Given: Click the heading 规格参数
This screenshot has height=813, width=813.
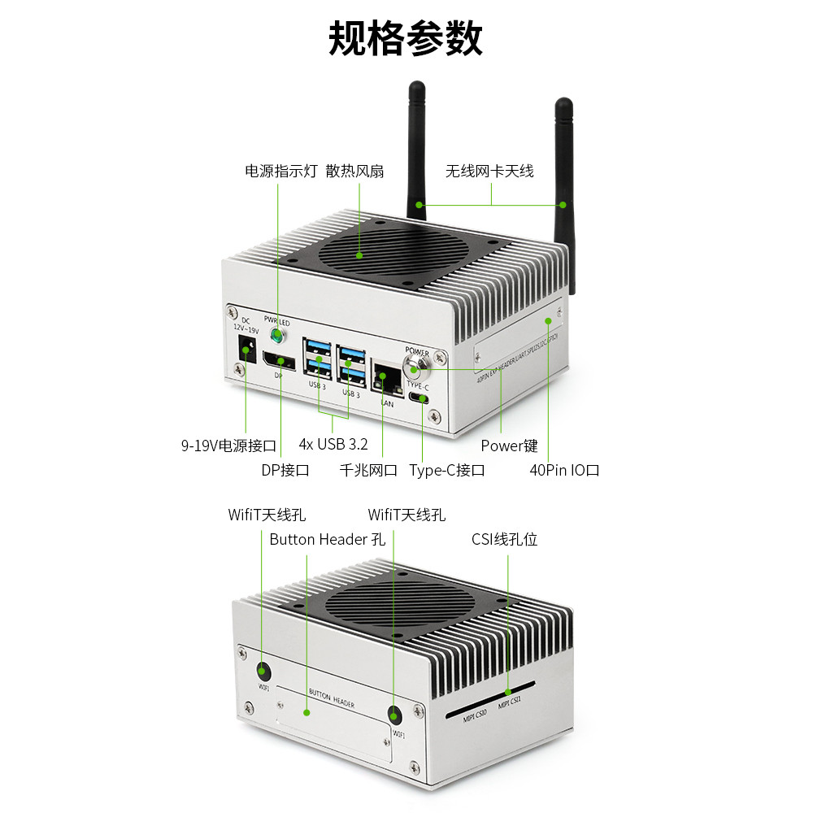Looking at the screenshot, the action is [406, 38].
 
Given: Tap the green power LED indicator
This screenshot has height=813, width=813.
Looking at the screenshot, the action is [278, 335].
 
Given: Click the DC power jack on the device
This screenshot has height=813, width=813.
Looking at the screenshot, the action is [244, 352].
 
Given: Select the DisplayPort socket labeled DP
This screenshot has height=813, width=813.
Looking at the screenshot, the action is [278, 360].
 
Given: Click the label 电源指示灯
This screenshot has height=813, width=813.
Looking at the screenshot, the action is [280, 171].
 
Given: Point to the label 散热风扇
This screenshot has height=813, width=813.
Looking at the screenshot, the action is [354, 171].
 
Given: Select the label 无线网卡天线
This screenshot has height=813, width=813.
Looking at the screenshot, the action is [489, 171].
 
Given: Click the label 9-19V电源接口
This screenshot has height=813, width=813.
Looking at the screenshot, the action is [228, 445].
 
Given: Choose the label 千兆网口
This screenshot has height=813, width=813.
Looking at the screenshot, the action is [368, 470].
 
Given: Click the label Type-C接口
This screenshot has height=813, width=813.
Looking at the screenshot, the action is [447, 470].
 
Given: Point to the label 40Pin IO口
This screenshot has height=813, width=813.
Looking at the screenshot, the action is [564, 470].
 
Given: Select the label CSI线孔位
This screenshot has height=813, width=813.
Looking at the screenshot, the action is [504, 539].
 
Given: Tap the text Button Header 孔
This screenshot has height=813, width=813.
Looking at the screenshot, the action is [327, 539].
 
